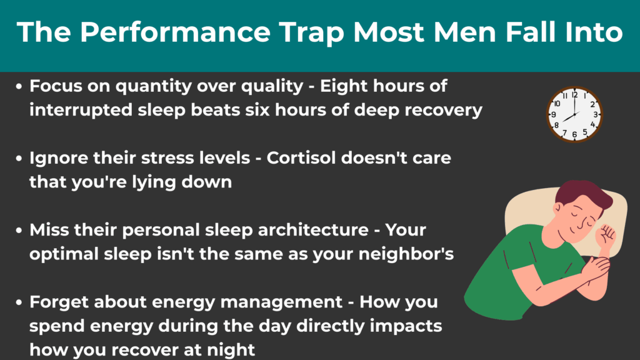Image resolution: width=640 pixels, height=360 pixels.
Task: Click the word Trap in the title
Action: coord(312,32)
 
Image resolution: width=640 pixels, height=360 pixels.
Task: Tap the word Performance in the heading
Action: coord(176,32)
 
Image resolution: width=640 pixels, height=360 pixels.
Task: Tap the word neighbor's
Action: coord(406,254)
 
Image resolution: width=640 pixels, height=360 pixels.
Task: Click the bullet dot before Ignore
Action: coord(19,158)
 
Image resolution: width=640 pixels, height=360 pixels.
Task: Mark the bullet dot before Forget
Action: coord(19,302)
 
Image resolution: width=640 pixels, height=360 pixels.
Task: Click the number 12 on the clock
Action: coord(575,95)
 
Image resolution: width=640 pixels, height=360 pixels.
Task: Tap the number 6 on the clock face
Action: coord(574,134)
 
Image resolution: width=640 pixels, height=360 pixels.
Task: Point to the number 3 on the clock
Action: coord(596,115)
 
